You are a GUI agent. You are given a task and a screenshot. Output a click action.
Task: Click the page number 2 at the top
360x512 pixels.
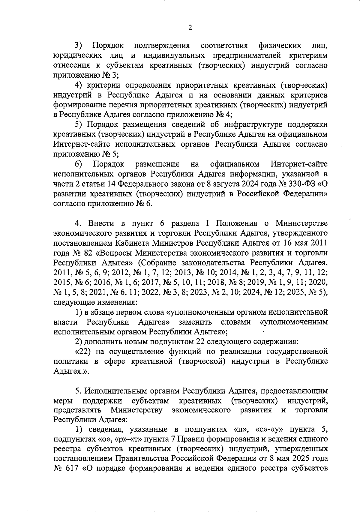pyautogui.click(x=190, y=28)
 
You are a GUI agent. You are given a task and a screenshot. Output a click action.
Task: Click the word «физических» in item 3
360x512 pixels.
pyautogui.click(x=280, y=46)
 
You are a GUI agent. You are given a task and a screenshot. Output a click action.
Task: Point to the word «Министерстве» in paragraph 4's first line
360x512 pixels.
pyautogui.click(x=301, y=223)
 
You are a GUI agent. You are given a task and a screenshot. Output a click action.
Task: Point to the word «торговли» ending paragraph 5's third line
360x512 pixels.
pyautogui.click(x=311, y=411)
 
